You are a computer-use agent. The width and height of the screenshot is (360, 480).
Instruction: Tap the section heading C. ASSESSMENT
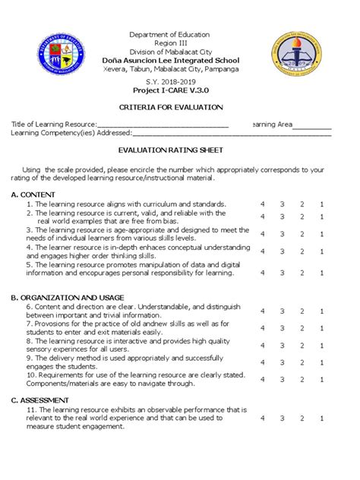pos(40,399)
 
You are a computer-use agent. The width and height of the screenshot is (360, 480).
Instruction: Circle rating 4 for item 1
pos(262,204)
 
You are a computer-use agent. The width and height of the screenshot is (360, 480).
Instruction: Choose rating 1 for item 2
pos(321,216)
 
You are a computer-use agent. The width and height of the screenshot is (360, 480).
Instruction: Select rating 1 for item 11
pos(321,418)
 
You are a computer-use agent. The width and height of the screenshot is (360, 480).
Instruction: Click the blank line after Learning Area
pos(314,124)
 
